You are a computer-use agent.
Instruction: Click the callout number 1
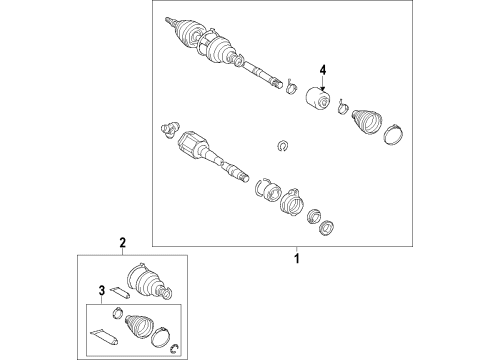coord(297,258)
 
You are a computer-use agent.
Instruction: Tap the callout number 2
coord(123,243)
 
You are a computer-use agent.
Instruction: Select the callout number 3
coord(102,290)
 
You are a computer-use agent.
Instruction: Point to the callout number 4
coord(323,70)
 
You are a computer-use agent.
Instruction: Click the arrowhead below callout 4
coord(323,87)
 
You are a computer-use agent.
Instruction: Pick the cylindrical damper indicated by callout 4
coord(318,97)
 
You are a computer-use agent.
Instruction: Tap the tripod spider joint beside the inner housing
coord(170,129)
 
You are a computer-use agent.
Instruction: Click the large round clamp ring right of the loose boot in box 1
coord(393,134)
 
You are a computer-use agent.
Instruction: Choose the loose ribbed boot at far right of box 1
coord(366,122)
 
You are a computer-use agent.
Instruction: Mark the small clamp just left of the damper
coord(292,87)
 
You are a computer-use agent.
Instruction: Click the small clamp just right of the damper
coord(343,107)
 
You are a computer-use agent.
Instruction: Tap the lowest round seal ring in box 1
coord(327,228)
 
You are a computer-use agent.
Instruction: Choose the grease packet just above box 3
coord(120,292)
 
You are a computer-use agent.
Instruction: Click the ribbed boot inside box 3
coord(140,325)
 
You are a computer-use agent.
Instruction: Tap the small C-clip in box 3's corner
coord(174,348)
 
